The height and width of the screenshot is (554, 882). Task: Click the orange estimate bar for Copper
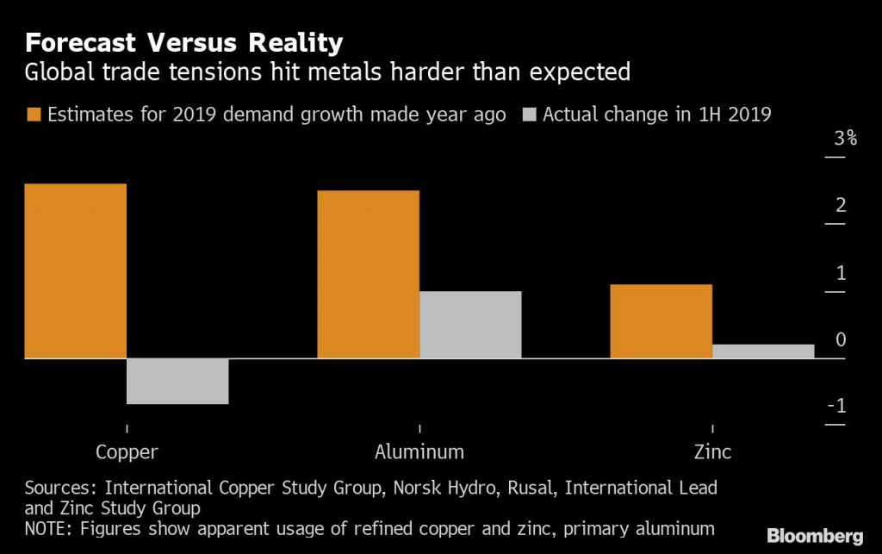(x=76, y=271)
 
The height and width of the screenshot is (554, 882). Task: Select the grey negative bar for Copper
(x=177, y=381)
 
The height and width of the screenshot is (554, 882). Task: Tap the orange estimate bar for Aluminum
(x=369, y=274)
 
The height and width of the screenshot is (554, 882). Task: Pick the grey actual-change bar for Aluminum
(x=470, y=324)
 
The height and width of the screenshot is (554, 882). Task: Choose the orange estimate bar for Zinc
(x=661, y=321)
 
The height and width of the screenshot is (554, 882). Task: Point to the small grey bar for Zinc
(x=763, y=351)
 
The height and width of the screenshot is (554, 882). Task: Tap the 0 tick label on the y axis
(x=841, y=340)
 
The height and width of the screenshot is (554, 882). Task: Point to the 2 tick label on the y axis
(x=841, y=205)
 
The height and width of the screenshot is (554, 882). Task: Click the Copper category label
(x=127, y=451)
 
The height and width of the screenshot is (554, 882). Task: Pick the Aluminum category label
(x=419, y=451)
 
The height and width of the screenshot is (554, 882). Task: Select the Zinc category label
(x=712, y=451)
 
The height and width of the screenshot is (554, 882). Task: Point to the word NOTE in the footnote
(x=47, y=527)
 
